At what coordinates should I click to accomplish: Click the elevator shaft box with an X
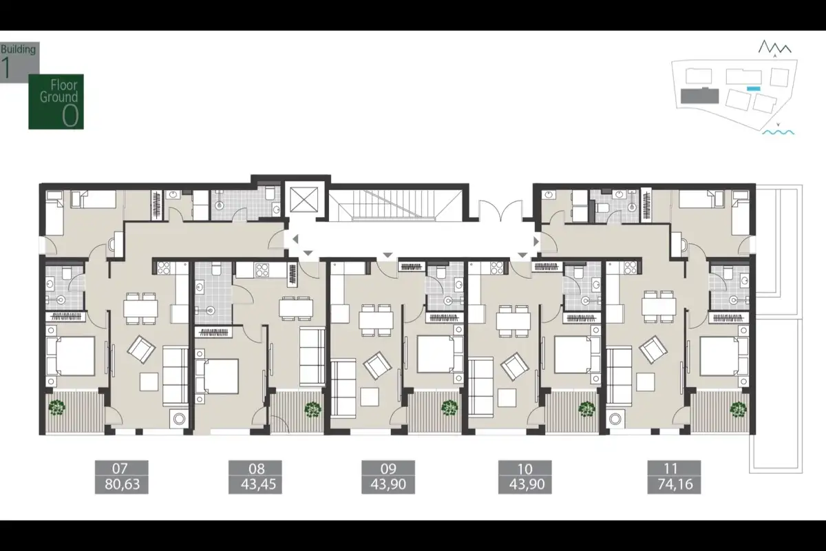(x=304, y=200)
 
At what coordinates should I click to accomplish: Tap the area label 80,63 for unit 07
(x=122, y=484)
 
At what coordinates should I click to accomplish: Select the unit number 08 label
(x=256, y=469)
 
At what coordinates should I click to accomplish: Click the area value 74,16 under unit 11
(x=675, y=484)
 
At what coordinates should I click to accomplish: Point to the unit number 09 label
(x=388, y=469)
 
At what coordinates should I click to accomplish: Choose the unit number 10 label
(x=525, y=469)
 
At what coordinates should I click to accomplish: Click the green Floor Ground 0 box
(x=56, y=102)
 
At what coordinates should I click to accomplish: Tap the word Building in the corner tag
(x=18, y=50)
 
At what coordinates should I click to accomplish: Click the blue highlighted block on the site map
(x=753, y=89)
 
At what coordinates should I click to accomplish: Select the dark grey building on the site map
(x=699, y=96)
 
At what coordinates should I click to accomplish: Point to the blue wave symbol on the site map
(x=778, y=132)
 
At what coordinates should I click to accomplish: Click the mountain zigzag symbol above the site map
(x=774, y=47)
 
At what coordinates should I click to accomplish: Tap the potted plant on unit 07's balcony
(x=56, y=408)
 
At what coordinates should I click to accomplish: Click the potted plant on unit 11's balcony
(x=738, y=409)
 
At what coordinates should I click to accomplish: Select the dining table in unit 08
(x=296, y=309)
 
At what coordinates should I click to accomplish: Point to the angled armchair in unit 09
(x=377, y=366)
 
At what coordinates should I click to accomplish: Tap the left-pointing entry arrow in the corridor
(x=295, y=239)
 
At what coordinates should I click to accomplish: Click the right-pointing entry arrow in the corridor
(x=536, y=241)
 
